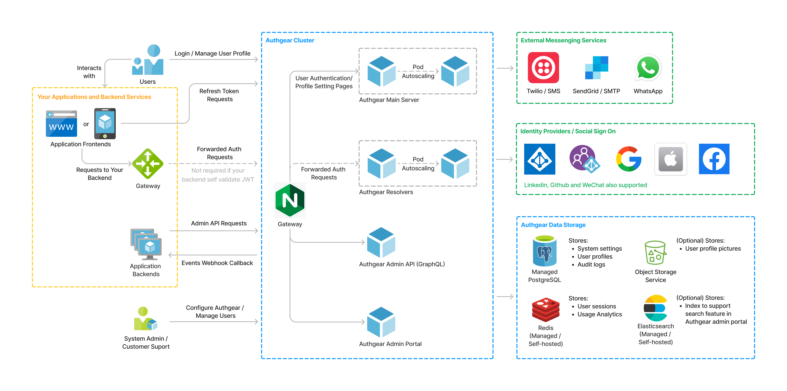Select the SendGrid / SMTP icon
596,68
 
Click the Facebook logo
714,159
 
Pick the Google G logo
628,159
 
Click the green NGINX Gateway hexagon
290,200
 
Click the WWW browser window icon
61,124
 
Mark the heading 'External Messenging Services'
563,40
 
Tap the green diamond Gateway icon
148,164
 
